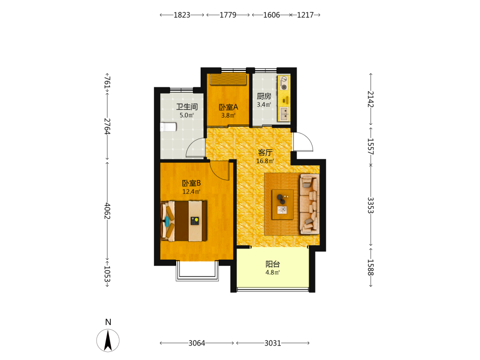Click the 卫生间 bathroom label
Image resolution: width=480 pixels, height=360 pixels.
(187, 107)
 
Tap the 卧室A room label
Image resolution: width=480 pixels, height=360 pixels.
(228, 107)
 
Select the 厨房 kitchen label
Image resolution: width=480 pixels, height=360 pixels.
(264, 96)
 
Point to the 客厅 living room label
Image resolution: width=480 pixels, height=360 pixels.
(265, 153)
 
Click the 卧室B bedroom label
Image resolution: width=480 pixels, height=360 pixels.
(192, 183)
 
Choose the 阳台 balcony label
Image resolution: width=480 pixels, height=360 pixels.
(273, 264)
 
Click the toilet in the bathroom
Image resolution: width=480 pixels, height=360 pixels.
(168, 127)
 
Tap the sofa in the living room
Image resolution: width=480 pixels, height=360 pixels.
(310, 204)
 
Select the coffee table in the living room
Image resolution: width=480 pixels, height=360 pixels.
(283, 204)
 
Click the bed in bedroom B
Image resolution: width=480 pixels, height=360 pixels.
(184, 221)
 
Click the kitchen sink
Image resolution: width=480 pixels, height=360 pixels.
(284, 114)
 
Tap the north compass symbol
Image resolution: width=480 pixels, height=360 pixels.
(108, 340)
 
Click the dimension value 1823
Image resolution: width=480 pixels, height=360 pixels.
(182, 15)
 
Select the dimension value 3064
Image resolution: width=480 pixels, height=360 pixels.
(196, 343)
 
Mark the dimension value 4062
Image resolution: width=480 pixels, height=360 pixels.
(107, 211)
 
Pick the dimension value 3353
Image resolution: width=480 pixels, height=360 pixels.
(371, 205)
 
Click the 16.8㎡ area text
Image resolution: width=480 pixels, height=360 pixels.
(265, 161)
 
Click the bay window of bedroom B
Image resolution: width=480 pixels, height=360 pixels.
(197, 271)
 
